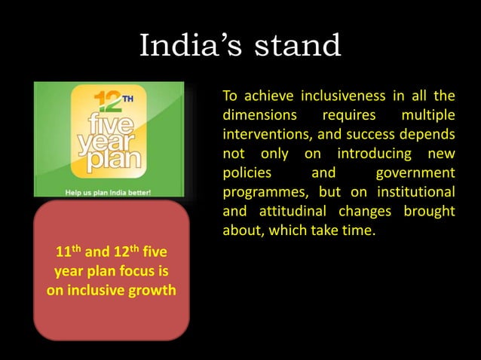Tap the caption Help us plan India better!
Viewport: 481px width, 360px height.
[109, 192]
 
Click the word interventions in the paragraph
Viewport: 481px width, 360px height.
[267, 135]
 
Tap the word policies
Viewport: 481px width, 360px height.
[247, 172]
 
